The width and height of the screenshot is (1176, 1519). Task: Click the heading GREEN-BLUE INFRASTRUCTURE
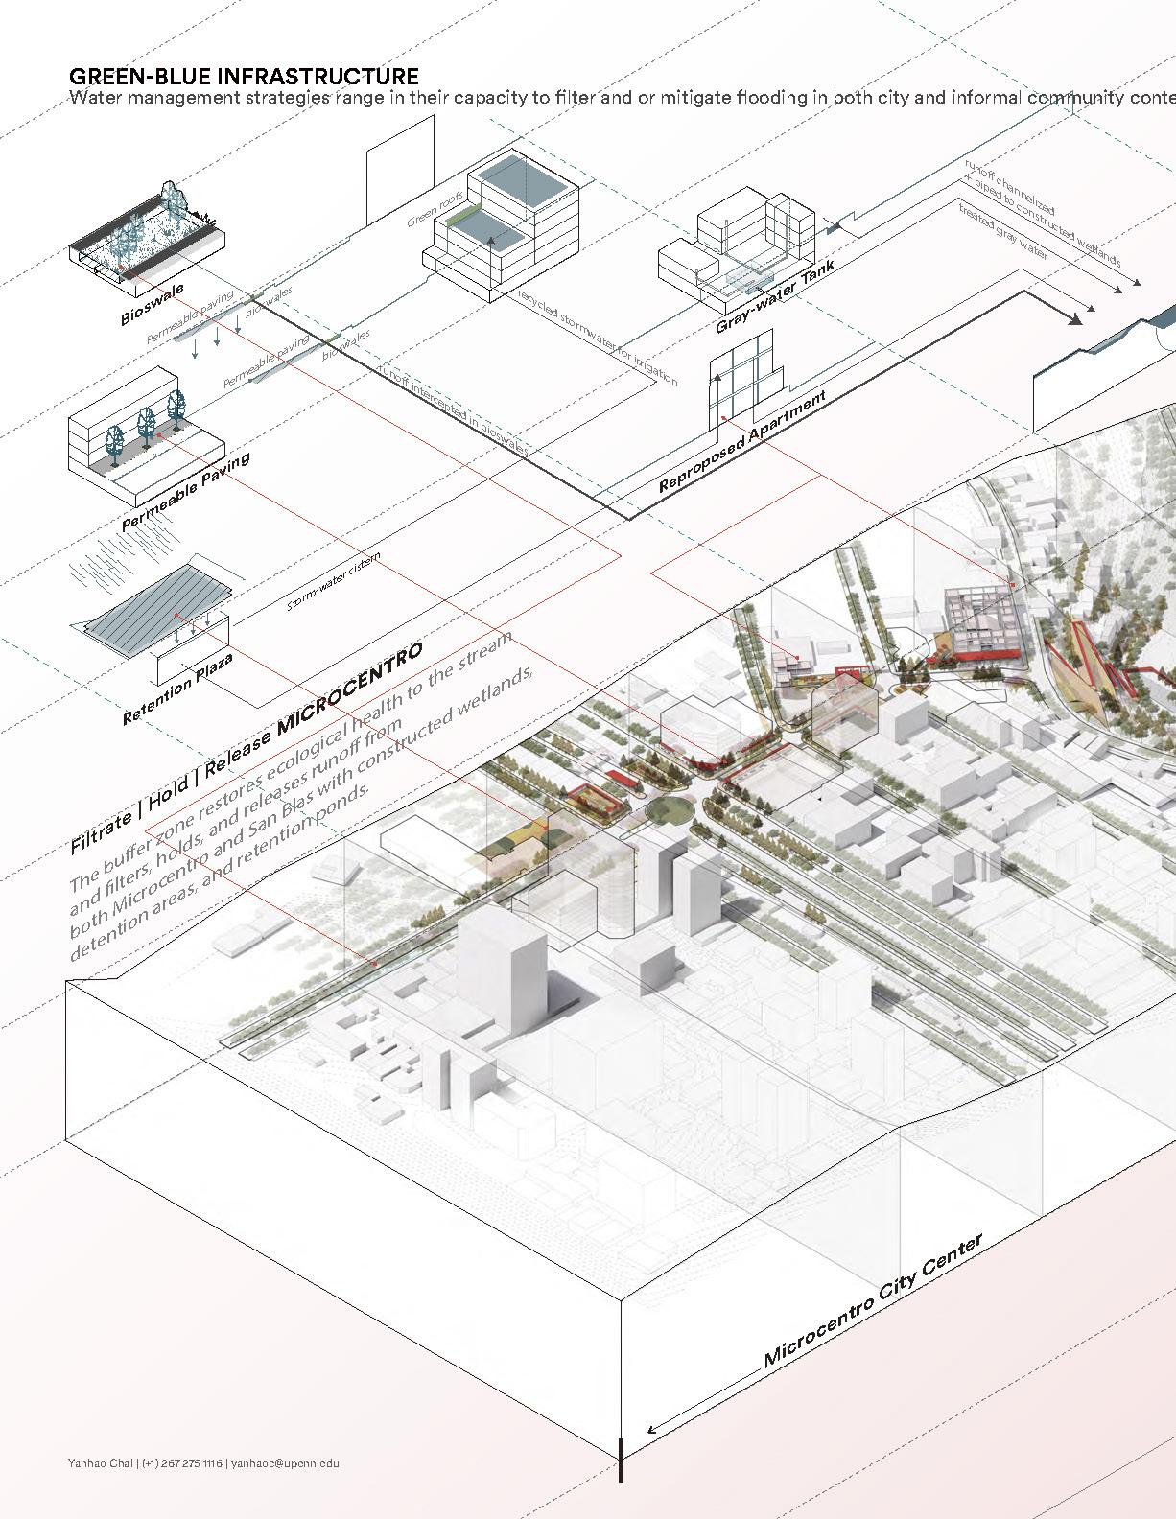pos(244,77)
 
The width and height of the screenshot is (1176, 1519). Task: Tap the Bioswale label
pos(152,305)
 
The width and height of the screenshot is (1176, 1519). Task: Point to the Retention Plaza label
pos(177,689)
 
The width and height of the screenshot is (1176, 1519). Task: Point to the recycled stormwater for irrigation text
pos(597,337)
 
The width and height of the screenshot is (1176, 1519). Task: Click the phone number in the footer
pos(182,1462)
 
